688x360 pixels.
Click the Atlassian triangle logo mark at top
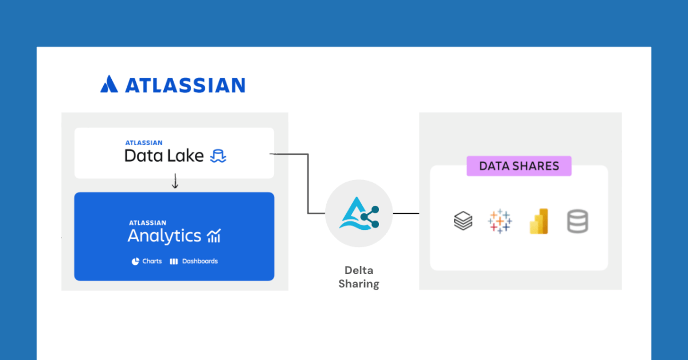tap(109, 84)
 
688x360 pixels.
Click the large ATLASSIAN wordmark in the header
tap(185, 85)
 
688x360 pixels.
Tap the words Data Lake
tap(164, 155)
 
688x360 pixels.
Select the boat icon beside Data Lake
tap(218, 156)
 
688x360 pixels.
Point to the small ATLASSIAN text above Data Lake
tap(144, 143)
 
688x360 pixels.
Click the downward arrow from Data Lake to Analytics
tap(175, 182)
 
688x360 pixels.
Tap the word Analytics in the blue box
tap(164, 236)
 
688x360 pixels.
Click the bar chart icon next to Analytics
tap(214, 236)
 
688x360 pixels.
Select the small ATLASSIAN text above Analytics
tap(147, 223)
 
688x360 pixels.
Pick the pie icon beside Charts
tap(135, 261)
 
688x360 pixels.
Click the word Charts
tap(152, 261)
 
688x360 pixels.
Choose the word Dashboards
tap(200, 261)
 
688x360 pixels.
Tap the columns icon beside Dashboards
tap(174, 261)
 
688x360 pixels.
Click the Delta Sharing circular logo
tap(358, 213)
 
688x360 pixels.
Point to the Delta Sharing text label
tap(358, 277)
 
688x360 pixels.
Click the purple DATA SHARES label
tap(519, 166)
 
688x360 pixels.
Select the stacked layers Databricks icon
tap(463, 221)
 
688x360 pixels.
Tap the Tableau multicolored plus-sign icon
tap(500, 221)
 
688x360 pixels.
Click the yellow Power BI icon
tap(539, 221)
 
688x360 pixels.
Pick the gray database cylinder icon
tap(577, 221)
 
